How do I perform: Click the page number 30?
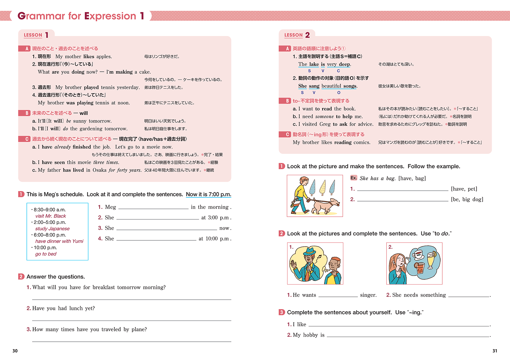tap(15, 351)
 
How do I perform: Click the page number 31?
tap(495, 351)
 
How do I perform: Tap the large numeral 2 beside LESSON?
tap(307, 35)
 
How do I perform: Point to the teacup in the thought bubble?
tap(418, 254)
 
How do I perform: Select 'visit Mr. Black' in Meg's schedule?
tap(51, 216)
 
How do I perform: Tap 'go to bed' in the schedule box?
tap(46, 254)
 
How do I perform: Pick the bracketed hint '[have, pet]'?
tap(464, 189)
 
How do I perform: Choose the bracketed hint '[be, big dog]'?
tap(467, 199)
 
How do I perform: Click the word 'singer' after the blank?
tap(368, 295)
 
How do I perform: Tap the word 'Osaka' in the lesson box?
tap(99, 170)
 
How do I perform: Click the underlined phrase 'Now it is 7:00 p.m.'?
tap(208, 194)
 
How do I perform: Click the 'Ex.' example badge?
tap(353, 178)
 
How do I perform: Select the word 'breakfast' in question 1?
tap(104, 287)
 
